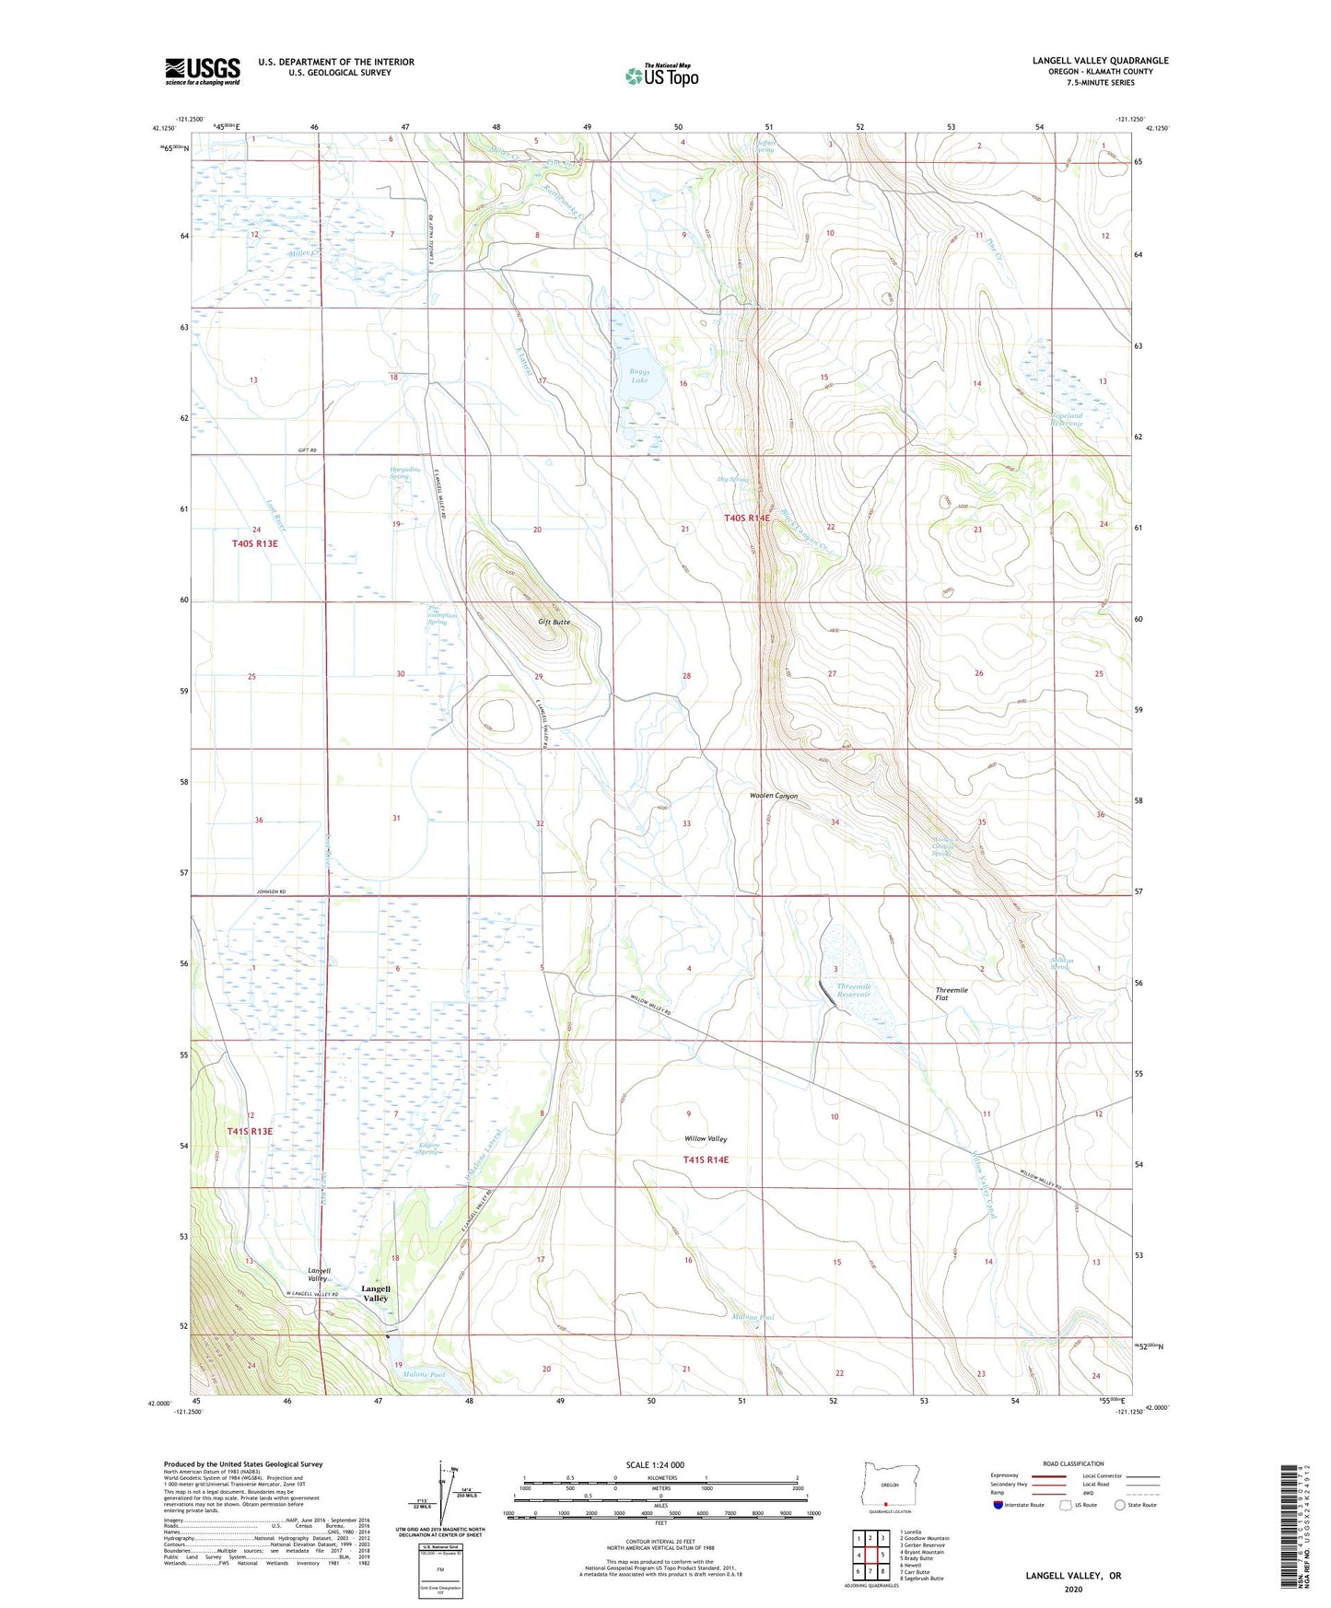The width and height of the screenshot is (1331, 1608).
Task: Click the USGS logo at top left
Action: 203,71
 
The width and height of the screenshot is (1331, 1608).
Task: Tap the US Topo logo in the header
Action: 661,75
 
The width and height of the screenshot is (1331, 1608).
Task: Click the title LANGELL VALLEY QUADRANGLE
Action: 1100,61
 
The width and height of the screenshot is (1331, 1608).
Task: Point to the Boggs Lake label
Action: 639,376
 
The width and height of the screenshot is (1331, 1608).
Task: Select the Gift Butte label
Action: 554,622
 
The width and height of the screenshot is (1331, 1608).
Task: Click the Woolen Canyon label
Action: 774,796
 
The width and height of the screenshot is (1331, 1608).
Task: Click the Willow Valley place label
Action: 706,1138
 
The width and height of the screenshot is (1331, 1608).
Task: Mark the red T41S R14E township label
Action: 706,1159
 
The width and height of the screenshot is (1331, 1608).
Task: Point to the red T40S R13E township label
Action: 254,543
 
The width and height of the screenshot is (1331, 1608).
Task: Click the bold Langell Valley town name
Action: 376,1293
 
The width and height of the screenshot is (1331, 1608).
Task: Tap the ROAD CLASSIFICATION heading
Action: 1073,1463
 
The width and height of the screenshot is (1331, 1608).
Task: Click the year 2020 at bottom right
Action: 1073,1588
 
